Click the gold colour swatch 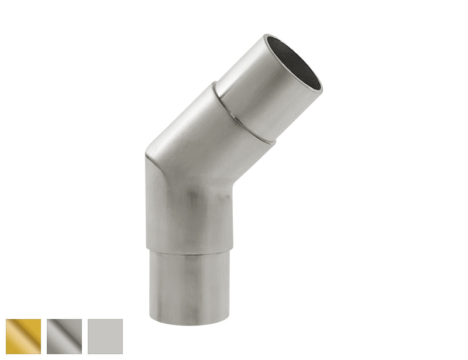tap(23, 337)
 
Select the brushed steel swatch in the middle tap(64, 337)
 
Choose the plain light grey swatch tap(105, 337)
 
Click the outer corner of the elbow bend tap(148, 158)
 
